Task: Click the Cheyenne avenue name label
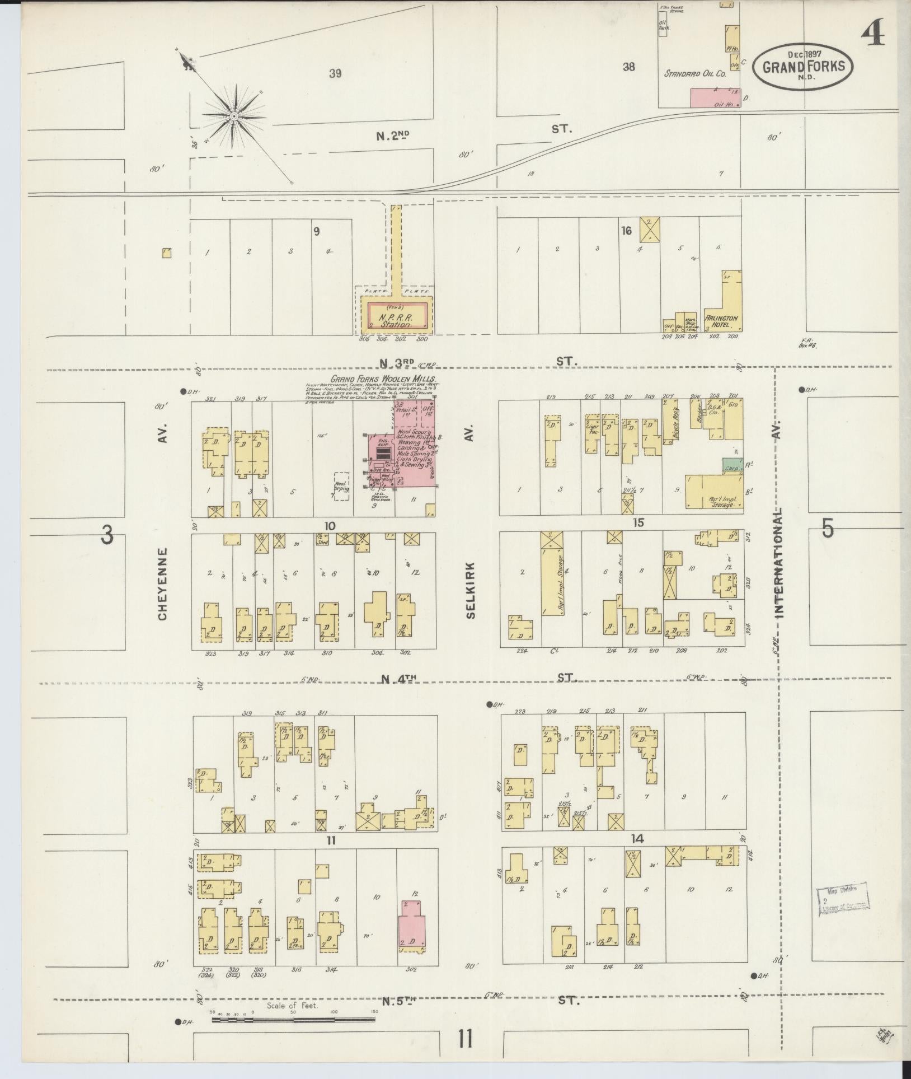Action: point(162,583)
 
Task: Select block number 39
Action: point(335,73)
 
